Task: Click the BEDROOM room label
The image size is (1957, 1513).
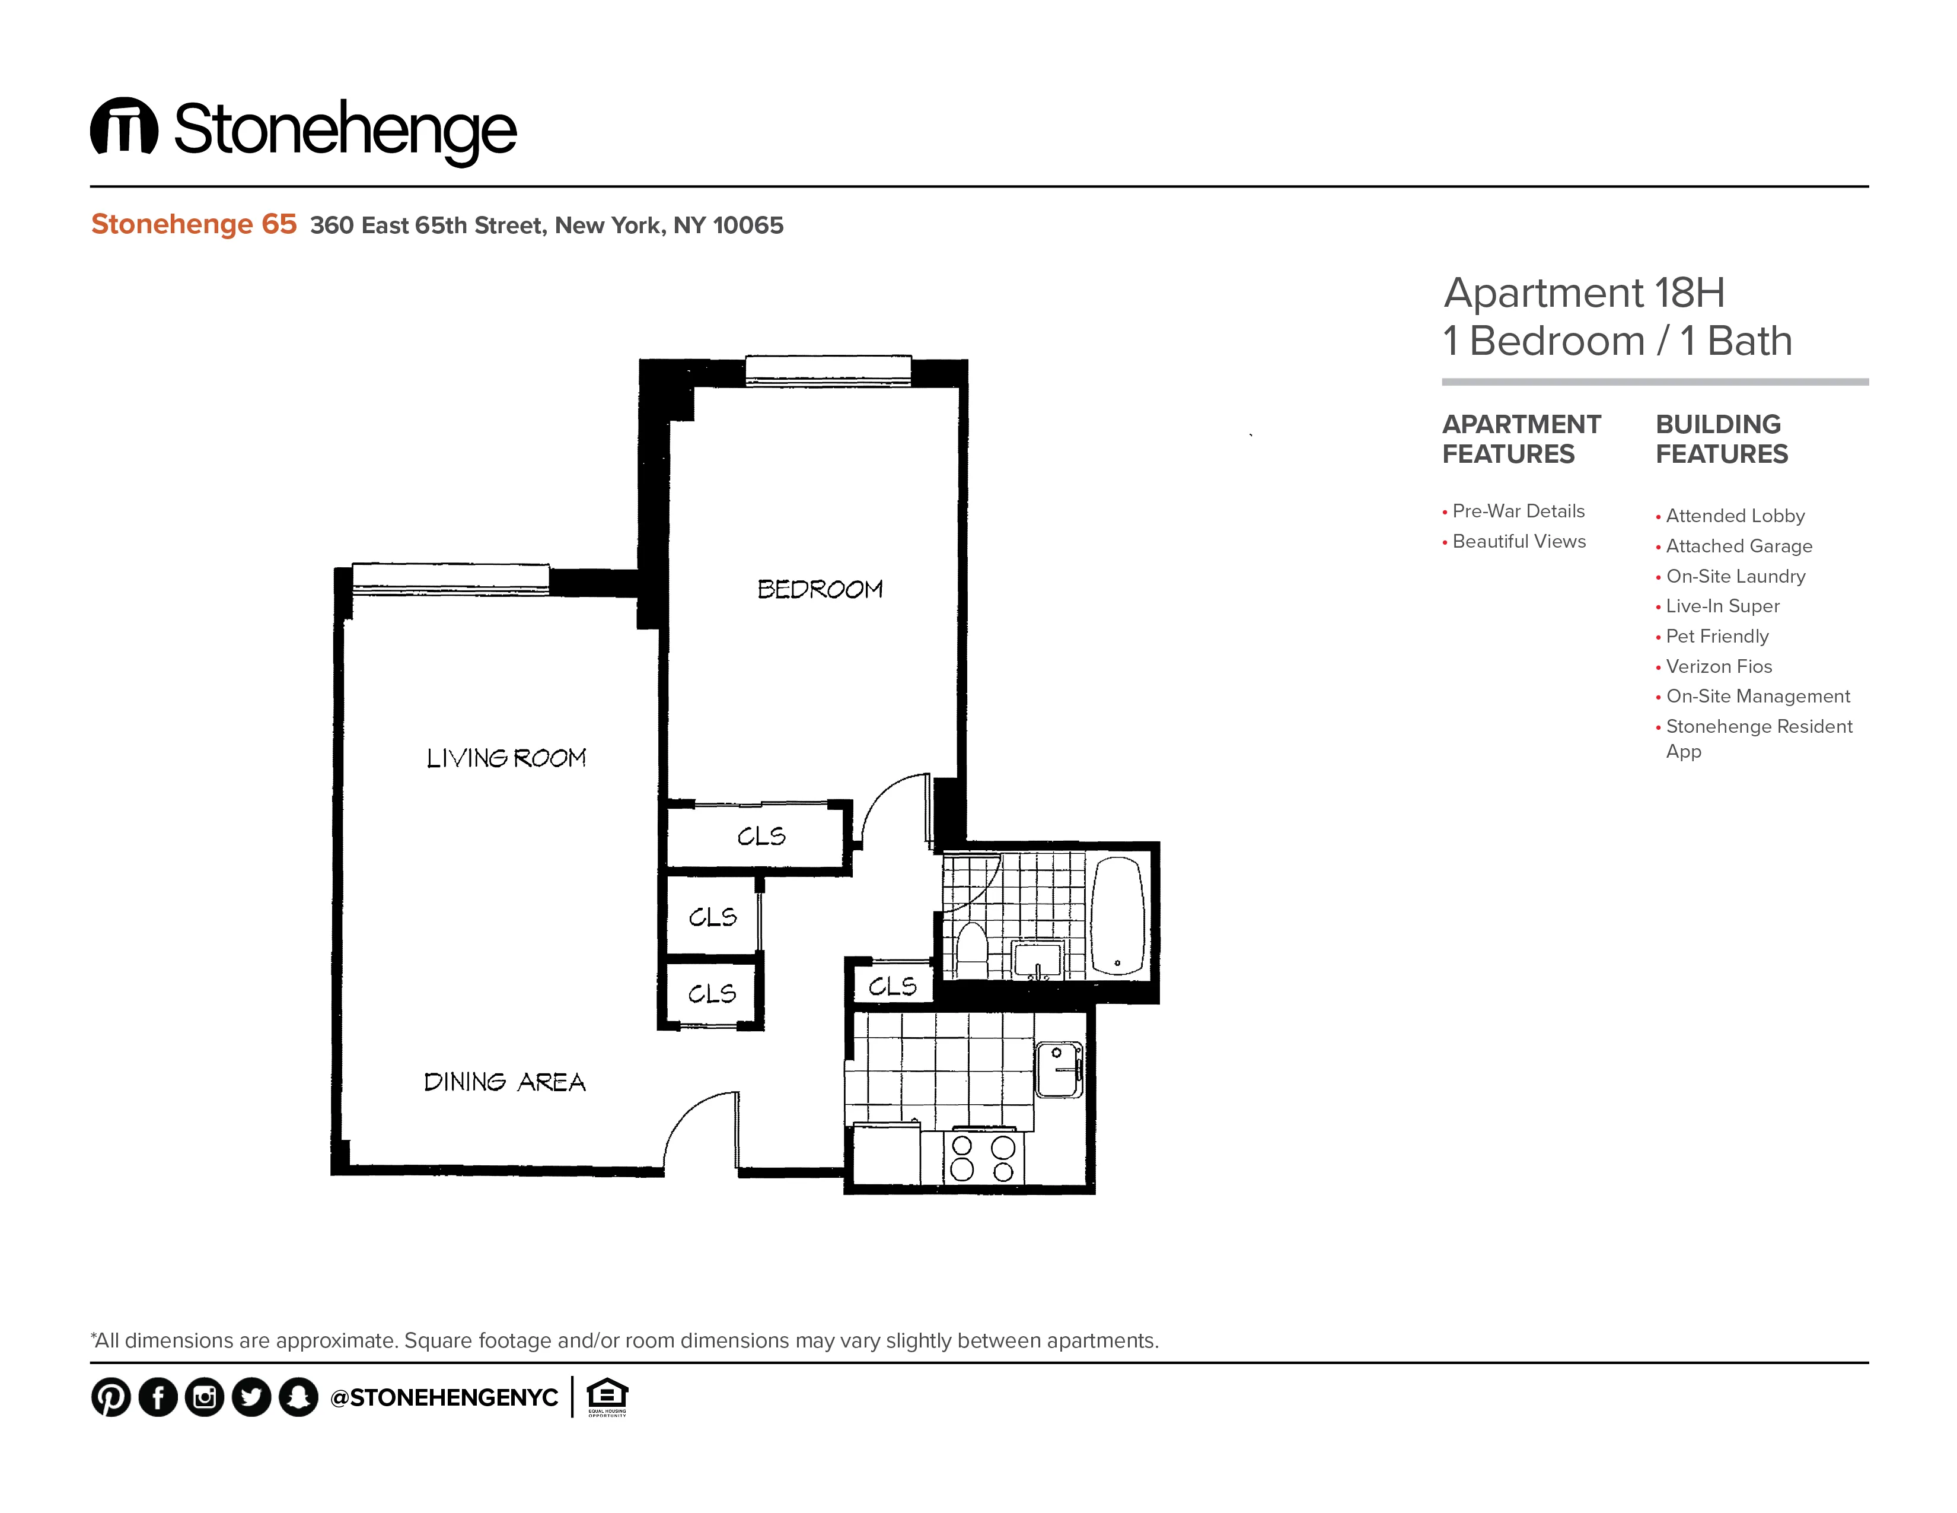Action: pos(820,589)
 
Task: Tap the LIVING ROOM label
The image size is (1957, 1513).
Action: pos(506,758)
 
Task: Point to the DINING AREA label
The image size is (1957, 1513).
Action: pos(505,1082)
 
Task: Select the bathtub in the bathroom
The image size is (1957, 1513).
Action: pos(1117,916)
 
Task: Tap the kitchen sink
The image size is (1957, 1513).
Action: pos(1059,1069)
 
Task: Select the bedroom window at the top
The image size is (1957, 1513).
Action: pos(828,370)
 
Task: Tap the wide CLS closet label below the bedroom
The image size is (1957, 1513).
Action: pos(761,836)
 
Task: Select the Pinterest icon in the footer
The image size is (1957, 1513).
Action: pos(111,1397)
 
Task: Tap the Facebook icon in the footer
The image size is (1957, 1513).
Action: pos(158,1397)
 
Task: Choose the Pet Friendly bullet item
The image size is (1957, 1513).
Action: pos(1717,637)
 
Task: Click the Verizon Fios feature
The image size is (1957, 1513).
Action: pos(1719,666)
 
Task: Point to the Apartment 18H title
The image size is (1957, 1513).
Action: pos(1584,293)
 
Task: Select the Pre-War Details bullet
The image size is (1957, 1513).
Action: pos(1518,511)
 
